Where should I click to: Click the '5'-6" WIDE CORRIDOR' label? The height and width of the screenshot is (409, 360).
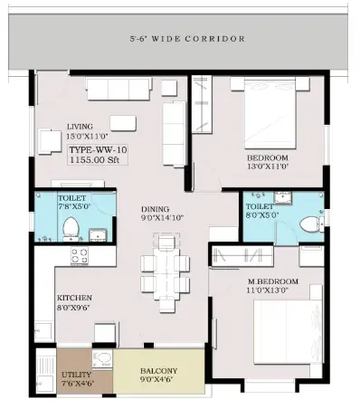tap(187, 39)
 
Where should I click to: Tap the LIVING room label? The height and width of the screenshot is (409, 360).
tap(80, 127)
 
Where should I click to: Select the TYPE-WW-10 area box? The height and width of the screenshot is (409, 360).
tap(98, 155)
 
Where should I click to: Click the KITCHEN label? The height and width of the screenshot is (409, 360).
tap(74, 298)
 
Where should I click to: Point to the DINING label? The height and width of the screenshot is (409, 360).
tap(156, 209)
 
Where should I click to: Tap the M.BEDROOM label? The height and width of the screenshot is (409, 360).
tap(273, 281)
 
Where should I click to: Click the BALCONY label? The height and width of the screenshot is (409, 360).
tap(159, 371)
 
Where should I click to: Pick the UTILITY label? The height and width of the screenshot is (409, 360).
tap(76, 375)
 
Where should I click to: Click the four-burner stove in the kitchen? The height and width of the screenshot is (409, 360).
tap(80, 256)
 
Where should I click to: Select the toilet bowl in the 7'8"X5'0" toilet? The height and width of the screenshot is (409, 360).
tap(71, 228)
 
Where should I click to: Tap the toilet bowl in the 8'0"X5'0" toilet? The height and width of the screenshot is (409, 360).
tap(310, 224)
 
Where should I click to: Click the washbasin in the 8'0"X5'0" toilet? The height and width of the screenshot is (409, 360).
tap(283, 198)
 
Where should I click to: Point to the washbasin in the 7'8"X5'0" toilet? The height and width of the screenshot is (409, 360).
tap(98, 235)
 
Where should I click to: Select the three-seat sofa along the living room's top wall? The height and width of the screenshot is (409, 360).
tap(118, 89)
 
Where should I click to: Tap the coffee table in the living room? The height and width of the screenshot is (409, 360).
tap(123, 123)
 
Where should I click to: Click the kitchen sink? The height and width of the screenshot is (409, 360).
tap(44, 332)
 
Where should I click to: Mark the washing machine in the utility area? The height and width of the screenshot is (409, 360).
tap(102, 359)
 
